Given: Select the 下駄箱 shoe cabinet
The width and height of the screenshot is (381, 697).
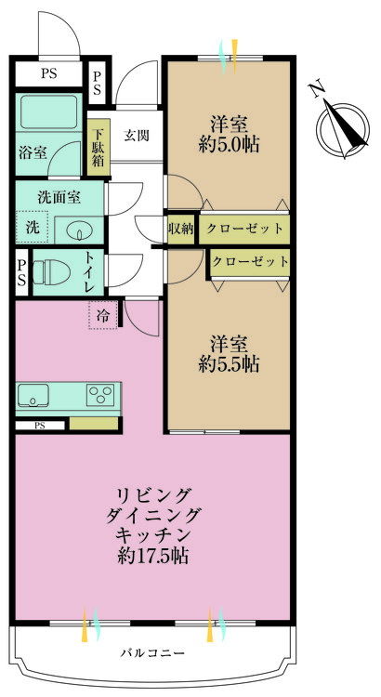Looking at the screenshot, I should pos(98,146).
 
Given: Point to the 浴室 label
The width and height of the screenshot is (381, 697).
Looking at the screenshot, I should pos(33,153).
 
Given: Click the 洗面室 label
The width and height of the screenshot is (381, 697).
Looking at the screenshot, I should pos(59,197).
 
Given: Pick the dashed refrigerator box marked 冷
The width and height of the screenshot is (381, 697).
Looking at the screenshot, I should pos(104,314).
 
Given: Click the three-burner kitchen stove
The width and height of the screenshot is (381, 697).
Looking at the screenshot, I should pos(99,395).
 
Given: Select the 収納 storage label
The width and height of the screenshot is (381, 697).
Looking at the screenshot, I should pos(180,228).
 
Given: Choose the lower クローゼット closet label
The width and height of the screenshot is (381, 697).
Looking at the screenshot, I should pos(249,261).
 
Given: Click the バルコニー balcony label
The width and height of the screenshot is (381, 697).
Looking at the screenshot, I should pos(152,651).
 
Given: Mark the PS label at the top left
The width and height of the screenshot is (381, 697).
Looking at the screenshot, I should pos(47,74).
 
